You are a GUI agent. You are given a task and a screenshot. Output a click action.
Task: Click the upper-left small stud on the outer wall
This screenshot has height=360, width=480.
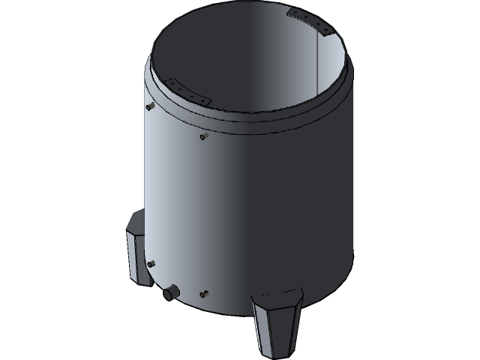point(148,106)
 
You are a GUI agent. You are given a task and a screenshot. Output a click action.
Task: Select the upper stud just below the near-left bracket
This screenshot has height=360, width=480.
point(202,136)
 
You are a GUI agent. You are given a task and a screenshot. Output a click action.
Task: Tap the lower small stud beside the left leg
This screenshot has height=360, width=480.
point(151,263)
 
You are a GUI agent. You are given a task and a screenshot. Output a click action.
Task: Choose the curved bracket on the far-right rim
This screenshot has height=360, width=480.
point(310,22)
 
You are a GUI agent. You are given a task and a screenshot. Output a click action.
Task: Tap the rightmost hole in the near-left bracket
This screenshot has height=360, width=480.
point(205,100)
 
